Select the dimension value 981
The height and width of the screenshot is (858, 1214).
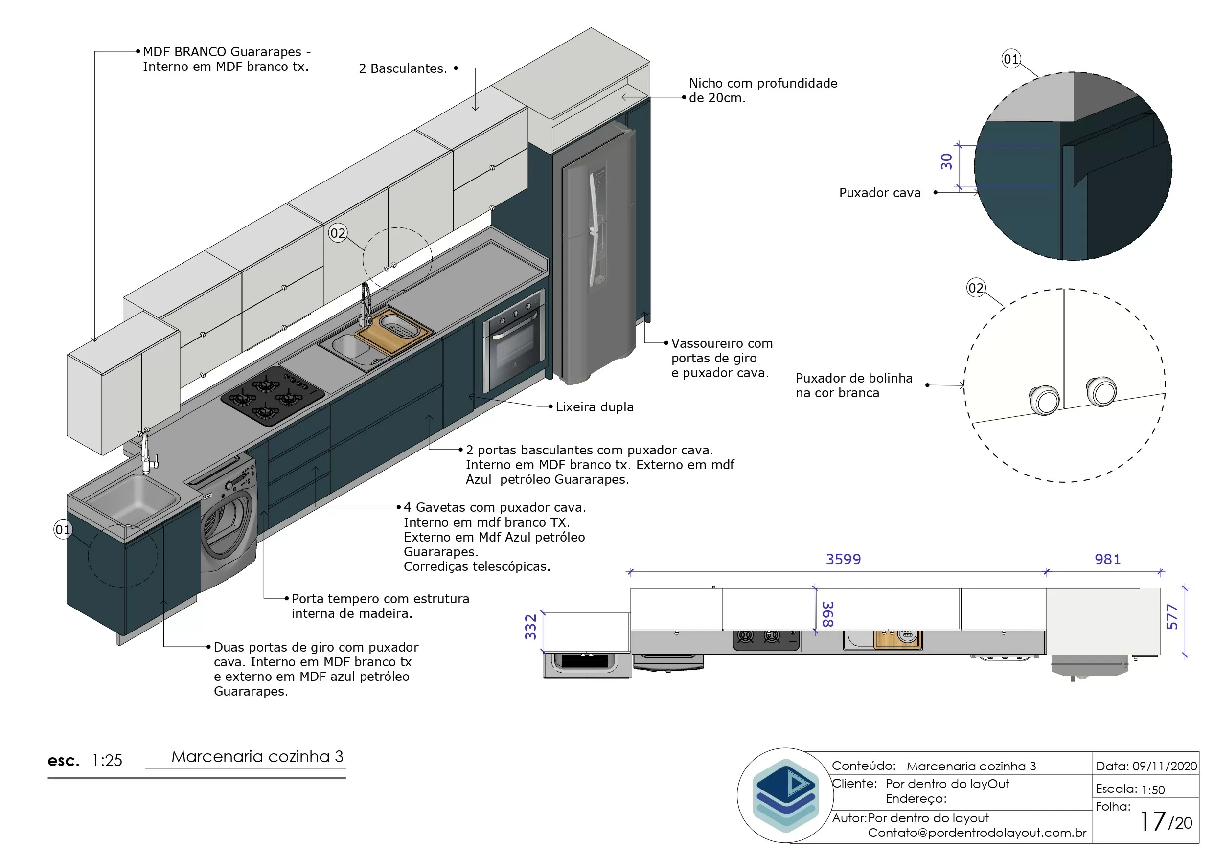[x=1107, y=559]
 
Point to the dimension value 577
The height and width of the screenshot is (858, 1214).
[x=1172, y=616]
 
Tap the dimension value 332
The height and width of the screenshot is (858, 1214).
[x=530, y=627]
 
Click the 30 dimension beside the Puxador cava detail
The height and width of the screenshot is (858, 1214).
[x=946, y=161]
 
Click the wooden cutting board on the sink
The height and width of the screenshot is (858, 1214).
[x=393, y=332]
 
